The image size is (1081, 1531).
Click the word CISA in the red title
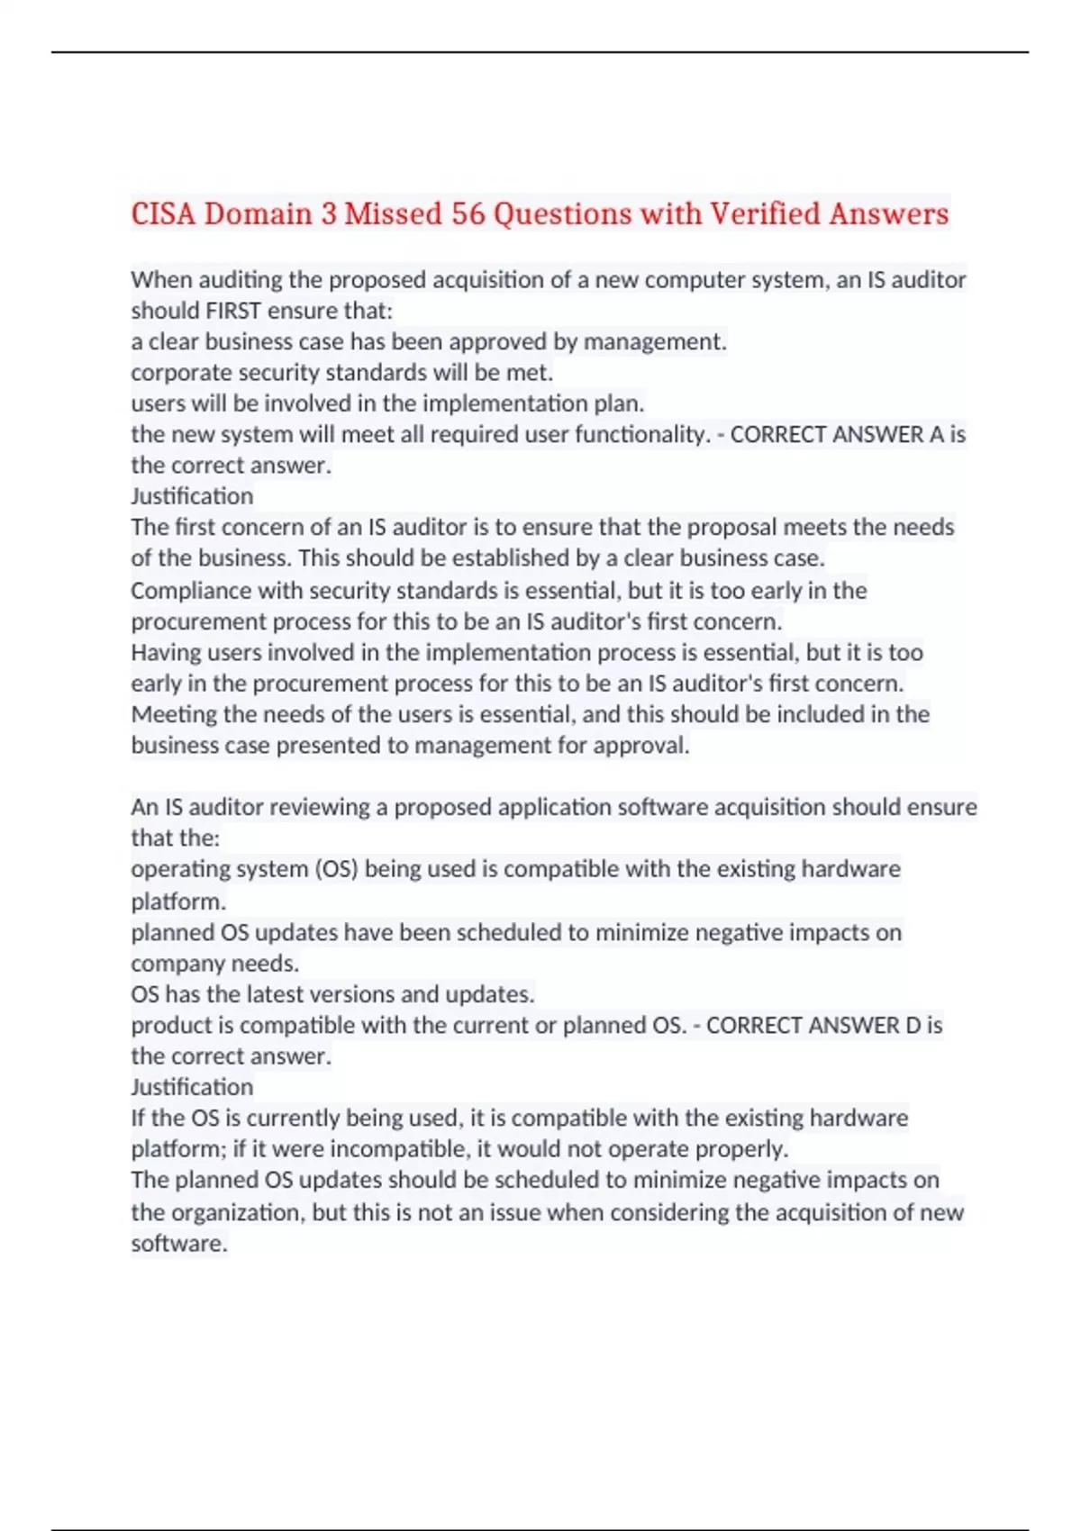[163, 214]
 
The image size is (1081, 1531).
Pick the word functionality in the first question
[640, 435]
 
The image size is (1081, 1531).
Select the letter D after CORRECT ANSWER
[912, 1026]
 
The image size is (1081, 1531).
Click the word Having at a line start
[164, 653]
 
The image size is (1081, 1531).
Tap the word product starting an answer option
[170, 1026]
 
